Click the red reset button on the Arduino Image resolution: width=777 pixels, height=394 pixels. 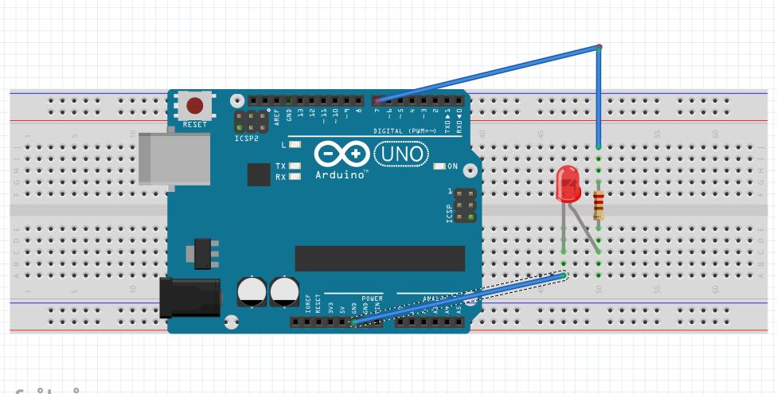[194, 105]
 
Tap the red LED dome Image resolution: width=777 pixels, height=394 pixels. [568, 184]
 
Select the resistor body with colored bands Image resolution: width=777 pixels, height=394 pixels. [598, 206]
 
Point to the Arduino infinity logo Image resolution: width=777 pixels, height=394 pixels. [342, 154]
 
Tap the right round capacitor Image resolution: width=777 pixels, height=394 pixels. [284, 291]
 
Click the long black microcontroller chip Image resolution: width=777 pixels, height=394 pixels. [380, 258]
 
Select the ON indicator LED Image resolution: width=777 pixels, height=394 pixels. [439, 166]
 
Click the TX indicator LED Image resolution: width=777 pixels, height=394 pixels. [295, 166]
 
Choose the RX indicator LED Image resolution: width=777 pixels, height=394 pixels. [295, 177]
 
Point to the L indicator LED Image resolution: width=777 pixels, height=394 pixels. [295, 145]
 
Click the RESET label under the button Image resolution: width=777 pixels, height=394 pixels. [194, 125]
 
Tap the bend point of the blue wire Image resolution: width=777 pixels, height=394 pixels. [599, 48]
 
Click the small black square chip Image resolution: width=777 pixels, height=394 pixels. [258, 174]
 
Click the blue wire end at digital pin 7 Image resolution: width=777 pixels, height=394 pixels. [377, 100]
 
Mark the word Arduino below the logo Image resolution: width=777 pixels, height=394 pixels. [341, 174]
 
